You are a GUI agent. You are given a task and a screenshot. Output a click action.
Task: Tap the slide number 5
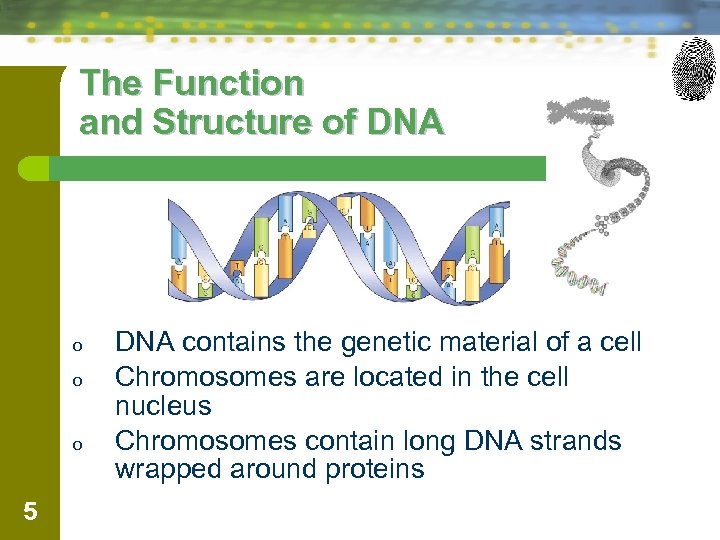[x=30, y=512]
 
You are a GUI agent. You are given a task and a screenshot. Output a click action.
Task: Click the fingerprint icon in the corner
[x=694, y=68]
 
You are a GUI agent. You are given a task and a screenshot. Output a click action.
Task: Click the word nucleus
[x=163, y=406]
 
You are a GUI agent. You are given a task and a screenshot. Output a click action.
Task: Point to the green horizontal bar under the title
[x=300, y=168]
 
